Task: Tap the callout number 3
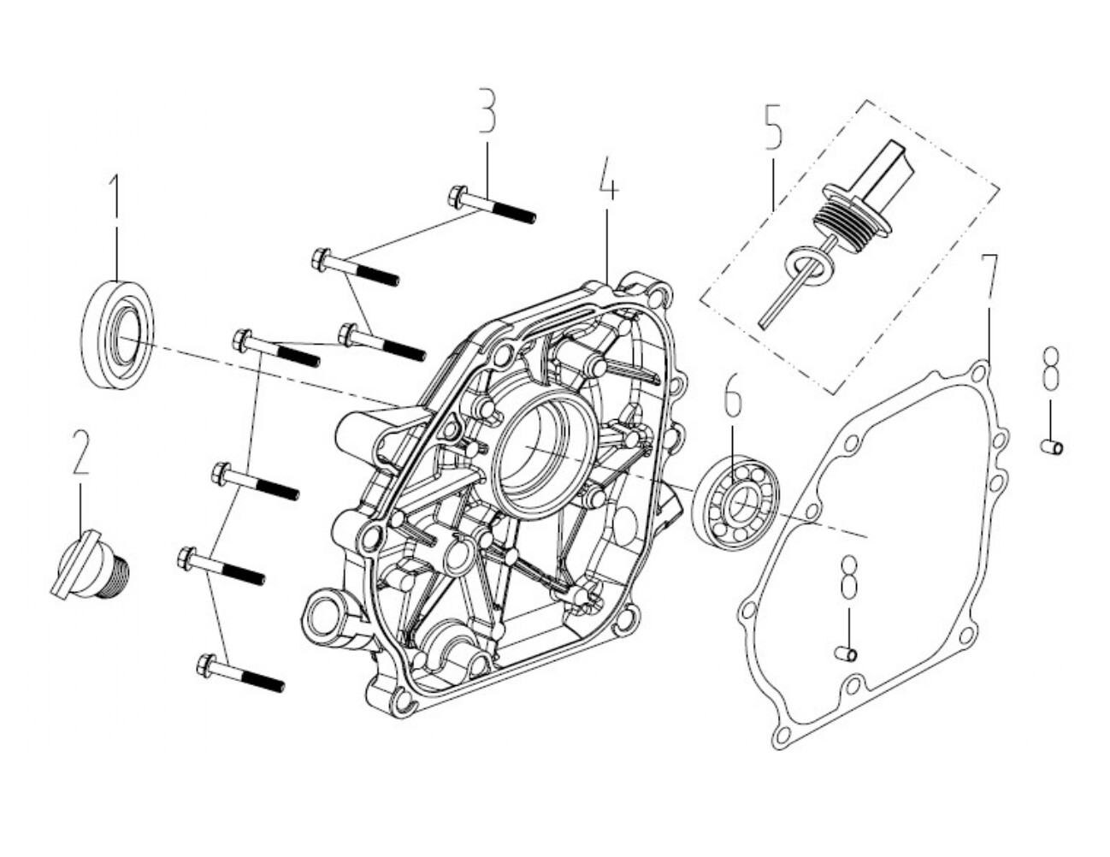point(487,110)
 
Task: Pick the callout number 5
point(772,127)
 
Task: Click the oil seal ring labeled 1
point(121,334)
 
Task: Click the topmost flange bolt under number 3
point(491,206)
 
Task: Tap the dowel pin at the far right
point(1051,446)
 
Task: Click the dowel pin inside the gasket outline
point(846,654)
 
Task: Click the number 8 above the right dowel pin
point(1051,368)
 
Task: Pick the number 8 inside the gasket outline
point(847,577)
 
